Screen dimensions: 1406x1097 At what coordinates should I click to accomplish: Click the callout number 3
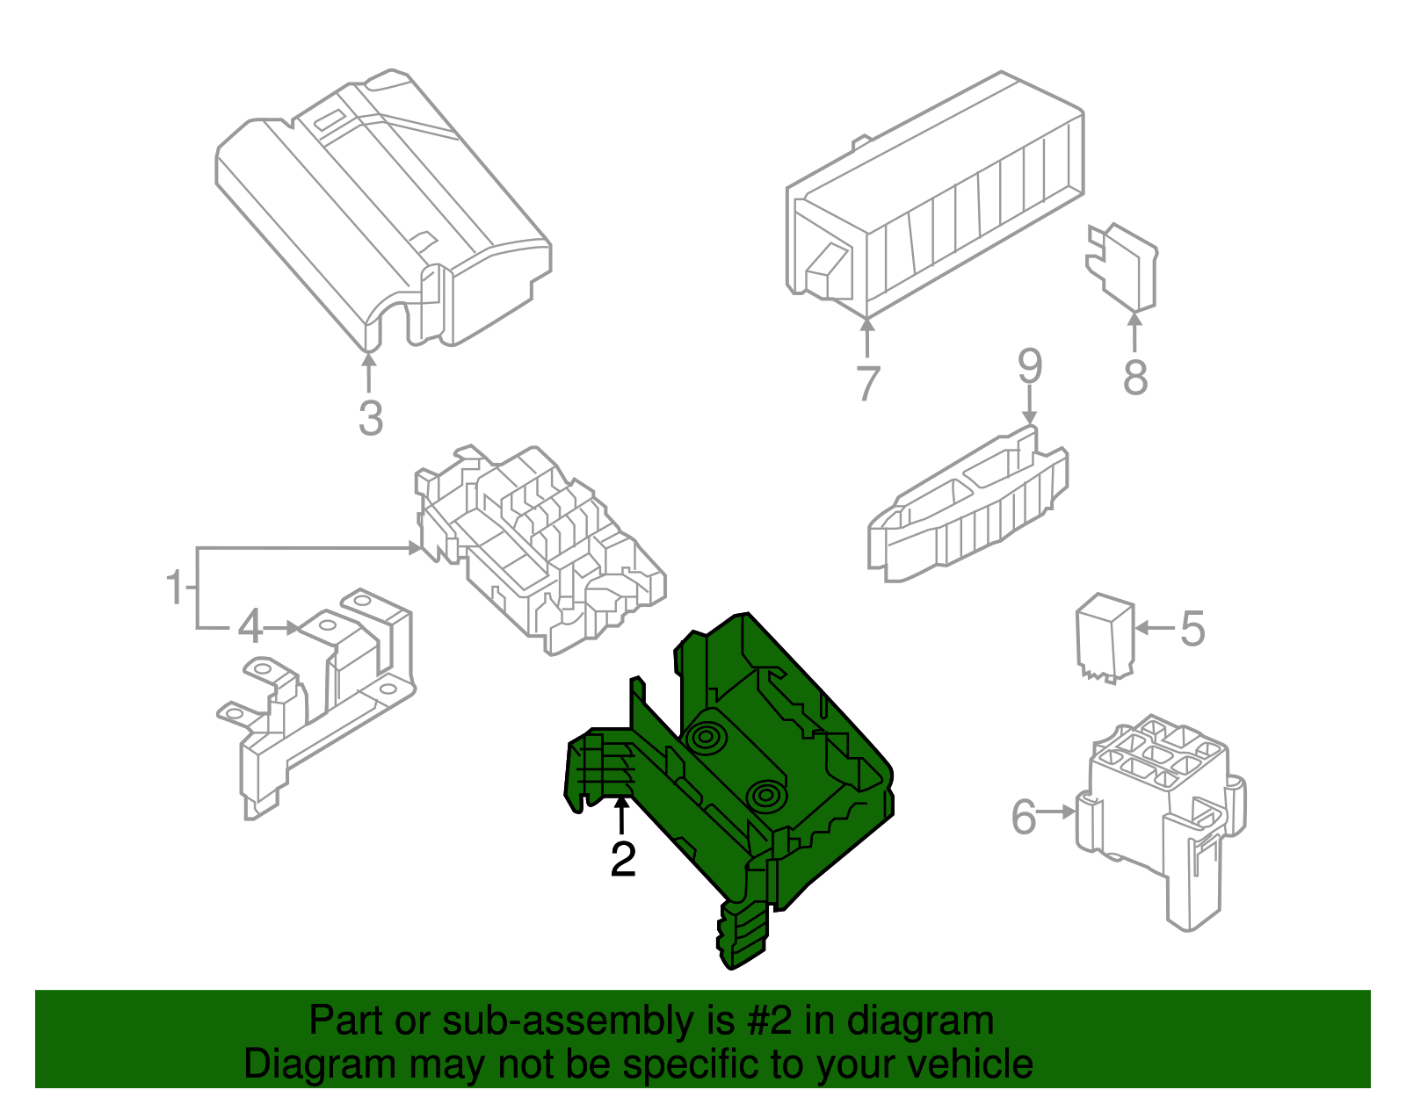(x=371, y=418)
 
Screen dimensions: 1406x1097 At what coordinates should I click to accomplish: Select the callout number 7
(x=867, y=383)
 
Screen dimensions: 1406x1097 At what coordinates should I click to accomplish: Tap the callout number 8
(x=1135, y=378)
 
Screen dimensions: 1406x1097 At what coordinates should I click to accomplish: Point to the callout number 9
(x=1030, y=366)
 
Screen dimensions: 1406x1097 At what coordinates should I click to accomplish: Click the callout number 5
(x=1193, y=628)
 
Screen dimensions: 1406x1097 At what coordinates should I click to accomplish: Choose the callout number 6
(x=1024, y=817)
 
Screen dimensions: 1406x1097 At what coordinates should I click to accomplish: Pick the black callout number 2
(x=623, y=859)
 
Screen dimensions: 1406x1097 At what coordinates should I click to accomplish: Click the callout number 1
(x=176, y=587)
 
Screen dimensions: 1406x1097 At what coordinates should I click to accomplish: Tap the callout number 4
(x=250, y=627)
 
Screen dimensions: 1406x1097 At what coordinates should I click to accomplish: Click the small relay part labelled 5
(x=1105, y=638)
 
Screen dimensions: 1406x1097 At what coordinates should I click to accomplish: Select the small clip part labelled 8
(x=1121, y=267)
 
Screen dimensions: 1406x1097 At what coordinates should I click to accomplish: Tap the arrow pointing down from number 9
(x=1030, y=405)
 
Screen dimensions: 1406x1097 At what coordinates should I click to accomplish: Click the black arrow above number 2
(x=621, y=816)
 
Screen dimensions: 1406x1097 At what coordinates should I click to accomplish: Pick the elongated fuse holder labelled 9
(x=968, y=509)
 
